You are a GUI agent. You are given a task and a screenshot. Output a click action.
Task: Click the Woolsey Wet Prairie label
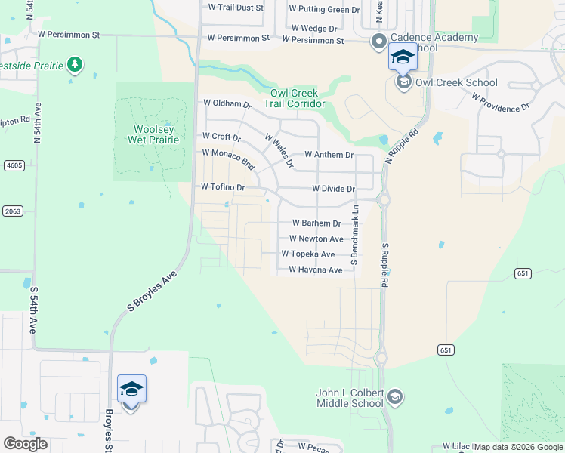coord(156,134)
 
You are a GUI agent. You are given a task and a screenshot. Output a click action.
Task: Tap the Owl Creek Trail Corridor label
coord(298,98)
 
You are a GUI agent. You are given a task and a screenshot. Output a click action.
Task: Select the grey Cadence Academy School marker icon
coord(378,42)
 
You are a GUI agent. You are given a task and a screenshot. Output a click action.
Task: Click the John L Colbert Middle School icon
coord(394,396)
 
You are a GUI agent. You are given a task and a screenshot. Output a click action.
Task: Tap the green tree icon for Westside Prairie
coord(74,65)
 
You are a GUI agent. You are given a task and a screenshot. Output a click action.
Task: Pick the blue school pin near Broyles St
coord(131,390)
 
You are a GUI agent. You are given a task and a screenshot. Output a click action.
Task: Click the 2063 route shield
coord(12,211)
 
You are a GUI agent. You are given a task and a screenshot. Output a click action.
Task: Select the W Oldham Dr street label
coord(227,103)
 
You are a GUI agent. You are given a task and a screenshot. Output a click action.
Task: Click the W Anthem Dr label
coord(329,155)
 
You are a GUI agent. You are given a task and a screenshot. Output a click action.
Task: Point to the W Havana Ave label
coord(316,270)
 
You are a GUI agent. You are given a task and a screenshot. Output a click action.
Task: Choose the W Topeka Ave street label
coord(308,254)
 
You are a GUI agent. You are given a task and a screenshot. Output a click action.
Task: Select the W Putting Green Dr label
coord(325,10)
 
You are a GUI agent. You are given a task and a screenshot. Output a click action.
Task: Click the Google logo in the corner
coord(25,443)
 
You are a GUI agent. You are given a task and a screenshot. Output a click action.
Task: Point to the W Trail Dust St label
coord(235,7)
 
